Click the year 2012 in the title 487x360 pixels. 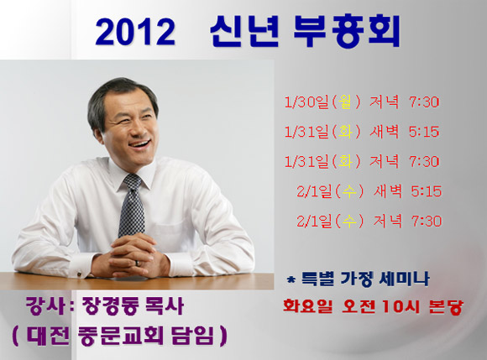(135, 32)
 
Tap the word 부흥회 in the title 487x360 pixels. (346, 31)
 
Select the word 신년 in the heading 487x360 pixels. (244, 31)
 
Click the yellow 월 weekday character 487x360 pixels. (345, 102)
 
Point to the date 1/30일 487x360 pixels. (306, 102)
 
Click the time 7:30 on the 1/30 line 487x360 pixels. (424, 102)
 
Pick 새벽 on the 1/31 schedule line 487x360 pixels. (384, 132)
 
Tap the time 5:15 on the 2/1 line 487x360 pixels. (427, 191)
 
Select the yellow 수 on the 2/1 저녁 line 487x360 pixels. (348, 221)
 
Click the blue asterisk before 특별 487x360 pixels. (291, 280)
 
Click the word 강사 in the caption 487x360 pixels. (45, 305)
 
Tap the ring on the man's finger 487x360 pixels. (138, 263)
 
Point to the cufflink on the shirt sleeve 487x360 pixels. (79, 274)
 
